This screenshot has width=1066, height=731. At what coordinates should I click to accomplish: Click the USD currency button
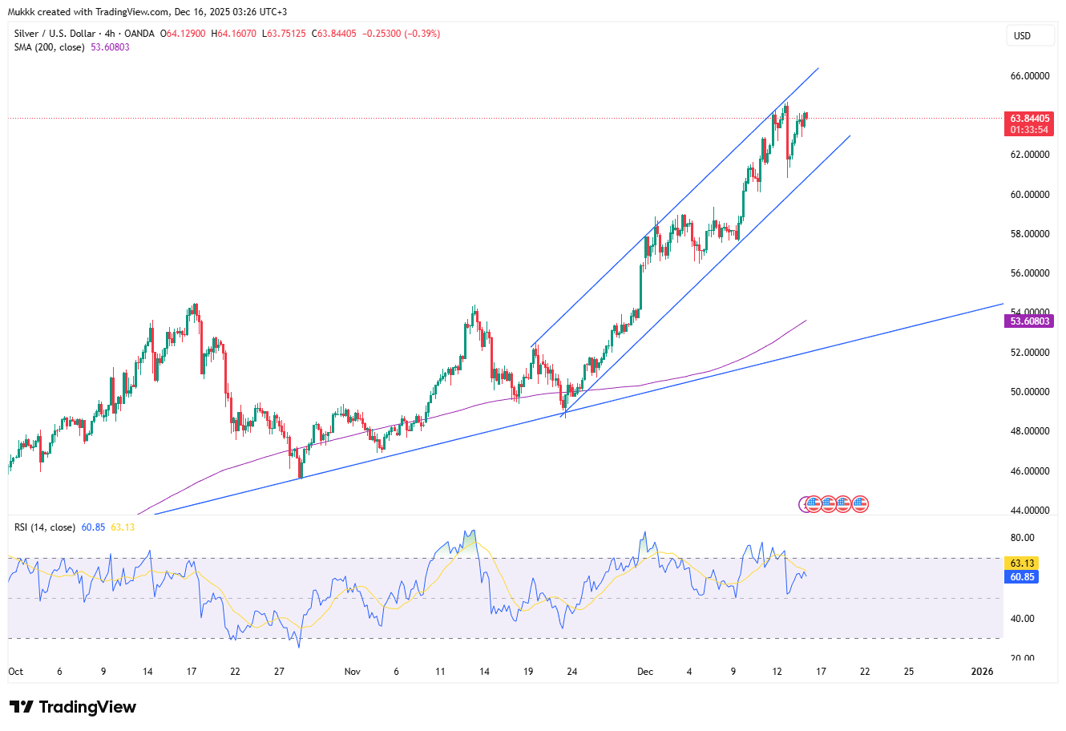(1022, 36)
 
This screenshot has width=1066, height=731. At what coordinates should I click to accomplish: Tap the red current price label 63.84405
(1028, 119)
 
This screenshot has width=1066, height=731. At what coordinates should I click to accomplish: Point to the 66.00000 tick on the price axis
(1029, 76)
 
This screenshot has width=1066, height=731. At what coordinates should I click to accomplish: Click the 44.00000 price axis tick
(1029, 511)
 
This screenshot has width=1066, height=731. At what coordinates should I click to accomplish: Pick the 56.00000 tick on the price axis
(1029, 273)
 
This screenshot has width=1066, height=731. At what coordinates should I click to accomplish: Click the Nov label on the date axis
(353, 672)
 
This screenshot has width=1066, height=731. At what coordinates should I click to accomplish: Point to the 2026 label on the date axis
(982, 672)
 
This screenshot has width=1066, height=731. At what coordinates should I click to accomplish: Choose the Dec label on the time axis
(645, 672)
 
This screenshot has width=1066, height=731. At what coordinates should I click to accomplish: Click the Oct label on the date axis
(16, 672)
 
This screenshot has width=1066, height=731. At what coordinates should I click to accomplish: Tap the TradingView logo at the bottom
(73, 707)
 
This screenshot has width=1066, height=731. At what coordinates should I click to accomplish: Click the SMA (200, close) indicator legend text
(49, 47)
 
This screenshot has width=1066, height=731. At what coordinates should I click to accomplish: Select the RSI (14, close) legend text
(45, 527)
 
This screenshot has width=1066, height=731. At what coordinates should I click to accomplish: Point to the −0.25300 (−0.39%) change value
(402, 34)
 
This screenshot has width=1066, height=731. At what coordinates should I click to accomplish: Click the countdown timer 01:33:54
(1028, 130)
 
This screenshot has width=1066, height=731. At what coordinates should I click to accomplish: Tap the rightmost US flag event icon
(860, 504)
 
